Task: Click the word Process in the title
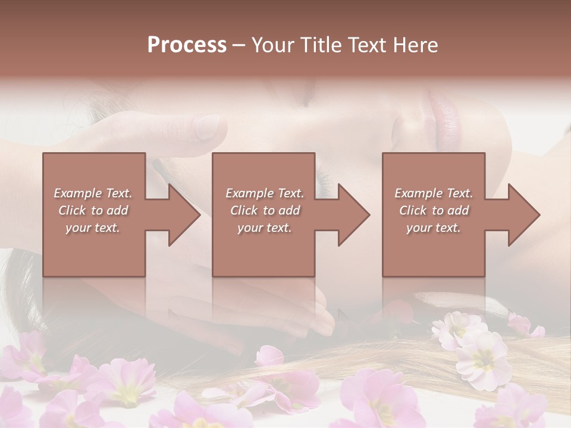click(x=187, y=45)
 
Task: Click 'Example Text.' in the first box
click(x=93, y=193)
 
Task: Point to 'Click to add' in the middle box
click(x=265, y=210)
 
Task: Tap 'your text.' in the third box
click(x=434, y=228)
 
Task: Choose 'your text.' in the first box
click(x=93, y=228)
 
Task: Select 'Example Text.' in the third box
click(x=434, y=193)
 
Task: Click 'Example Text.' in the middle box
click(x=265, y=193)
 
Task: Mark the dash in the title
click(x=239, y=46)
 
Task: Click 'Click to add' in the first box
click(x=93, y=210)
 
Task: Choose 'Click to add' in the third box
click(x=434, y=210)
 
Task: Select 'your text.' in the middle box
click(x=265, y=228)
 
